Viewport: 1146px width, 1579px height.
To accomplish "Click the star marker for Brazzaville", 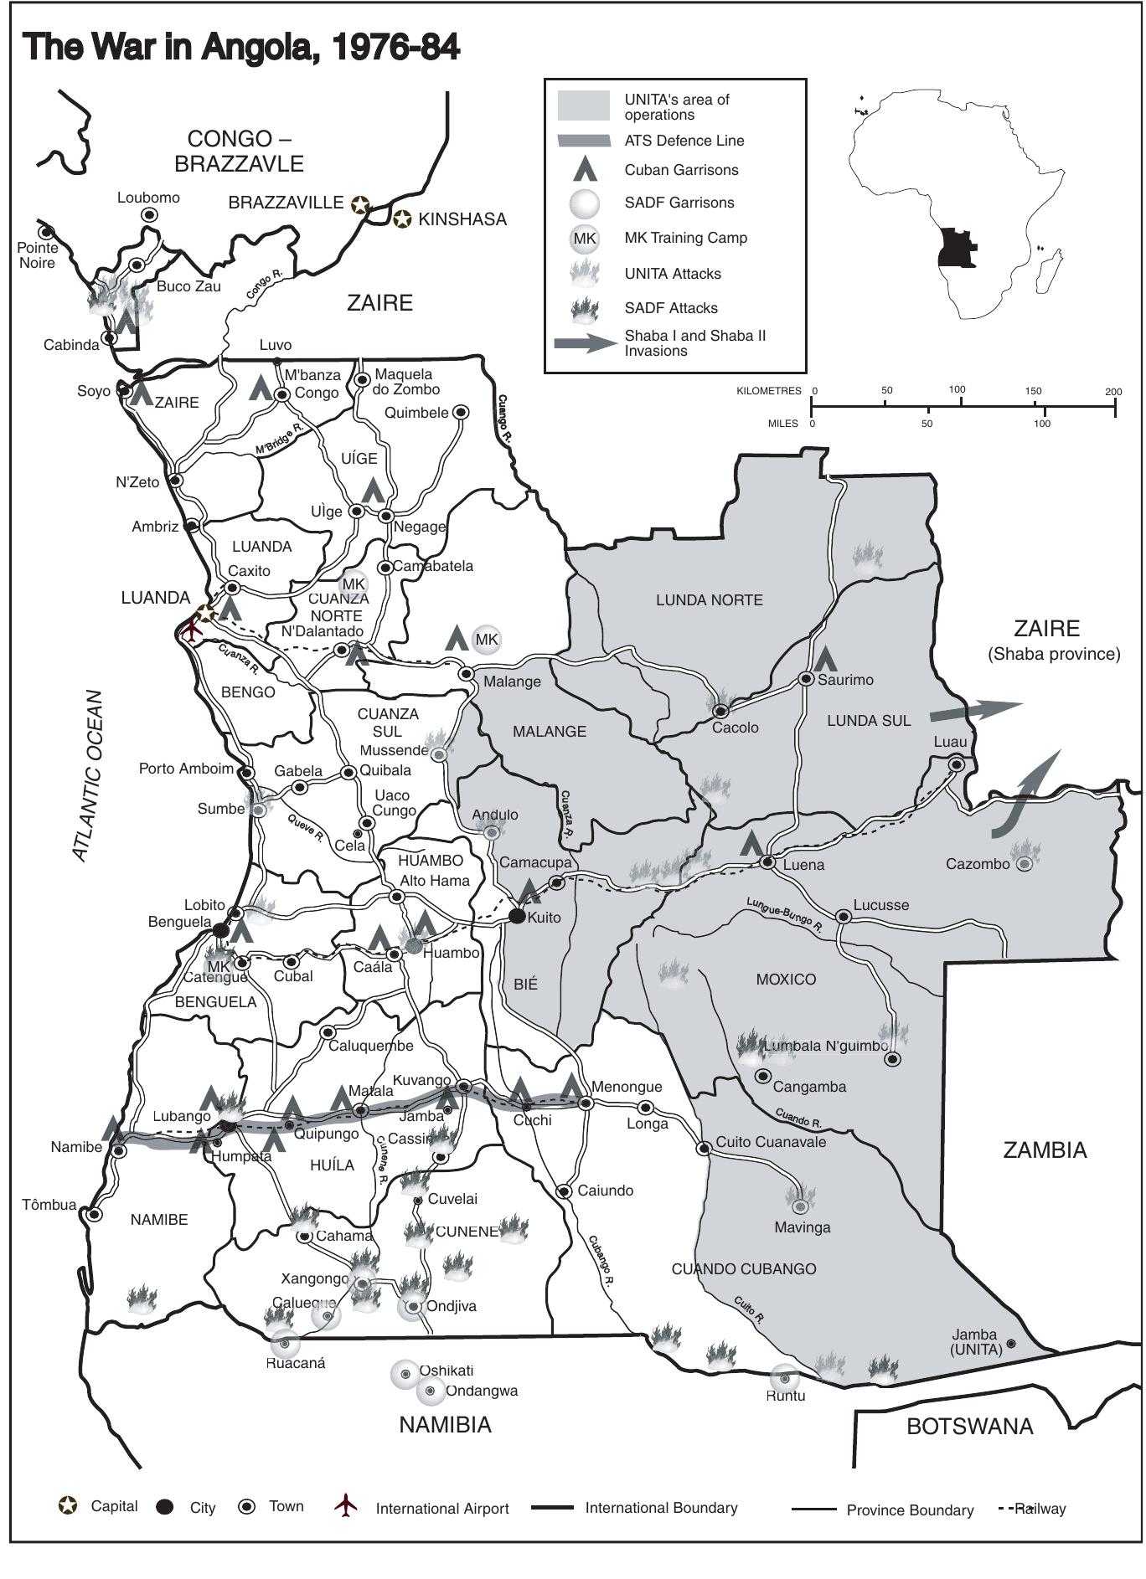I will click(x=359, y=204).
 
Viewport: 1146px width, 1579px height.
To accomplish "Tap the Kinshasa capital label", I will click(x=462, y=219).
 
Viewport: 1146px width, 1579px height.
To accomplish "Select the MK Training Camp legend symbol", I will click(x=584, y=239).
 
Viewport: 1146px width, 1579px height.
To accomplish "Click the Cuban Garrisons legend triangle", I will click(x=585, y=170).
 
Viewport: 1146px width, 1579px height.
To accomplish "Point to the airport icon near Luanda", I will click(x=192, y=629).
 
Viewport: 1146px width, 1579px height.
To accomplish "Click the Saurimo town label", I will click(x=845, y=680).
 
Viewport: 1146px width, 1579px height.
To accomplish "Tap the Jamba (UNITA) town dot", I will click(x=1011, y=1344).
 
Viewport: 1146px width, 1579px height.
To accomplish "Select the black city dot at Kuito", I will click(x=517, y=917).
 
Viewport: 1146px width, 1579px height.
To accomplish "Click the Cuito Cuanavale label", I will click(x=771, y=1142).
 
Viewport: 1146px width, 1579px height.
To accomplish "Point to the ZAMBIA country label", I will click(x=1045, y=1150).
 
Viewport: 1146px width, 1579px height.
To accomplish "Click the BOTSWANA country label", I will click(x=970, y=1427).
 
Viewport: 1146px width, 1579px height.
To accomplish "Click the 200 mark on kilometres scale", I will click(x=1113, y=391).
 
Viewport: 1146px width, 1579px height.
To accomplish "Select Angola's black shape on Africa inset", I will click(x=955, y=248).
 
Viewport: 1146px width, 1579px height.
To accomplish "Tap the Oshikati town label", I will click(x=446, y=1371).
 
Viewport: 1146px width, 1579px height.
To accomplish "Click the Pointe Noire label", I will click(x=37, y=255).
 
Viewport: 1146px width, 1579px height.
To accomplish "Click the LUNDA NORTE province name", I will click(x=709, y=600).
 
